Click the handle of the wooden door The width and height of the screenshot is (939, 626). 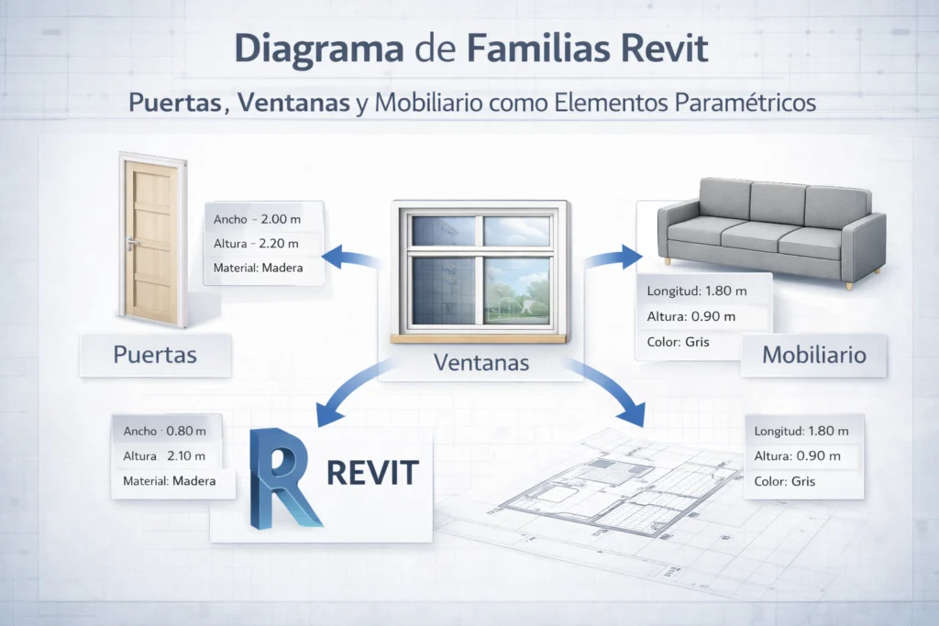tap(135, 243)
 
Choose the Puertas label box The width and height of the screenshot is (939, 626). tap(155, 355)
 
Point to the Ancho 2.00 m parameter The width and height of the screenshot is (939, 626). tap(257, 220)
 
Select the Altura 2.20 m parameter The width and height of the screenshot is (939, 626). tap(257, 244)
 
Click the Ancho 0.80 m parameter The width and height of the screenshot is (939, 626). tap(164, 431)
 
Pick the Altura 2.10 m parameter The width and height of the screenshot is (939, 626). tap(164, 456)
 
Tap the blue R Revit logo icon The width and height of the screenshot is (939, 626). tap(282, 477)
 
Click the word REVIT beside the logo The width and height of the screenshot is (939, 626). tap(372, 473)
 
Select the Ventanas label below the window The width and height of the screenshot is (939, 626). tap(481, 362)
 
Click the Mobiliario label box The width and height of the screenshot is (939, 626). tap(814, 355)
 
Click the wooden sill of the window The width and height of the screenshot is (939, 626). tap(477, 338)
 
